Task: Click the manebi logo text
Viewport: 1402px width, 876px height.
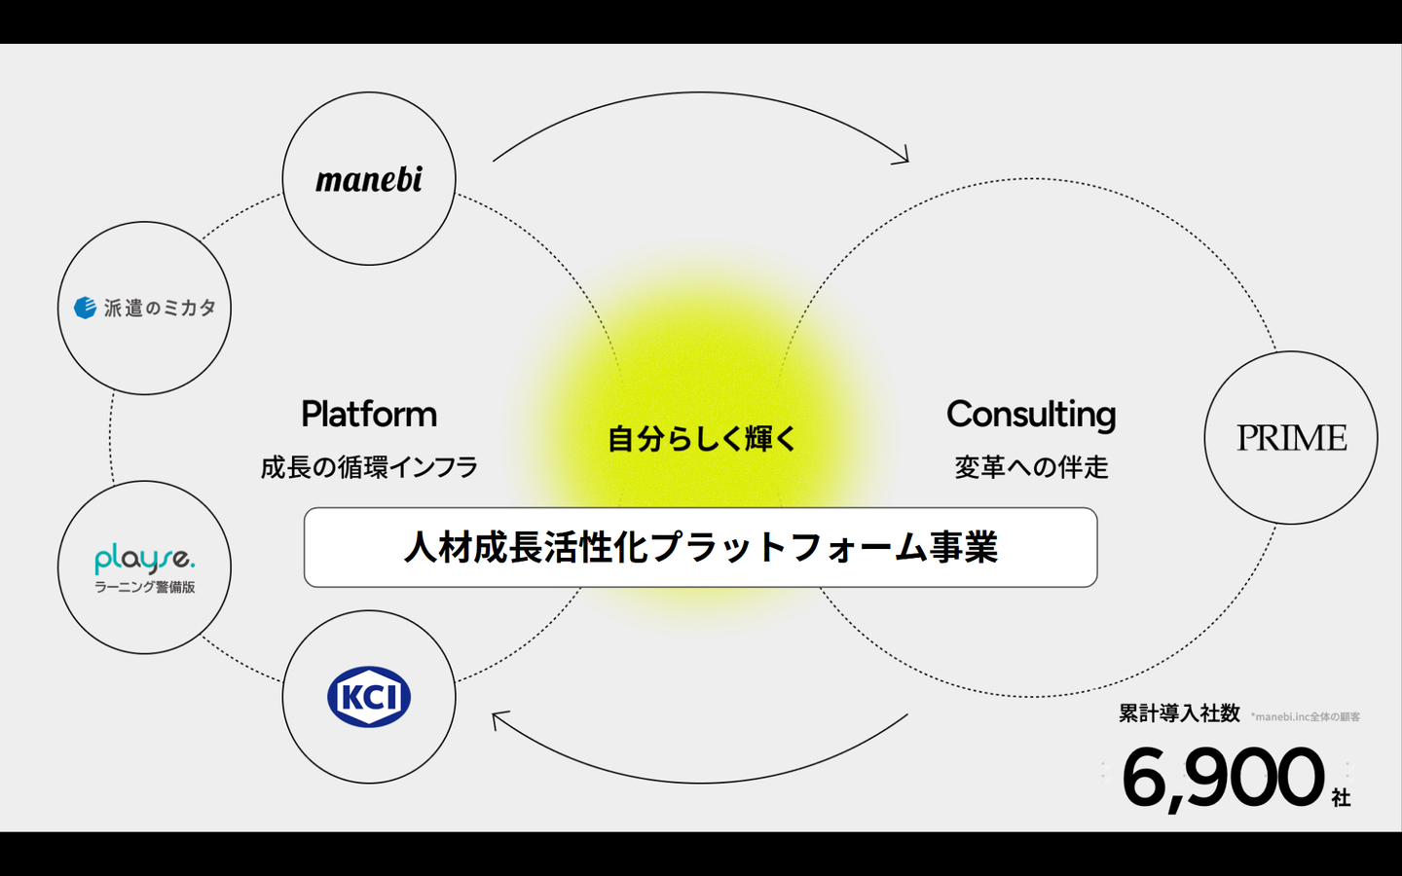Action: (x=369, y=180)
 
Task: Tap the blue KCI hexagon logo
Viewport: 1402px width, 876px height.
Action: (x=369, y=697)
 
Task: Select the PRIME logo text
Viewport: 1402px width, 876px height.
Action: (x=1291, y=438)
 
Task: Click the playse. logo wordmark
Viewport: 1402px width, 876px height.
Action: (x=144, y=559)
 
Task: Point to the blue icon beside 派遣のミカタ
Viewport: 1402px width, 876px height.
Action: (x=86, y=308)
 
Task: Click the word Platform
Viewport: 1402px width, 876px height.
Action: (x=369, y=415)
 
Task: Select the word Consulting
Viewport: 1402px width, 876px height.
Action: (x=1031, y=415)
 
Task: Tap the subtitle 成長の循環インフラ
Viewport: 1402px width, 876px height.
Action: (x=369, y=467)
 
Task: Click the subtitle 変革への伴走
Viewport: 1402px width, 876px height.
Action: (x=1031, y=467)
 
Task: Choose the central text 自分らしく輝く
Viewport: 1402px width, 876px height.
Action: (x=701, y=439)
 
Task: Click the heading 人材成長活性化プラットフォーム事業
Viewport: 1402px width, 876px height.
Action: (x=701, y=547)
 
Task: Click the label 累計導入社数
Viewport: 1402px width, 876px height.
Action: (x=1179, y=713)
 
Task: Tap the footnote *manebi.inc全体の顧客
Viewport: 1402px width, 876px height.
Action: (x=1306, y=717)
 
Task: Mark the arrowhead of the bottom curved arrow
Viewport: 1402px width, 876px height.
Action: (x=498, y=719)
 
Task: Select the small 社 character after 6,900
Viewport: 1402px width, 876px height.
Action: (x=1341, y=798)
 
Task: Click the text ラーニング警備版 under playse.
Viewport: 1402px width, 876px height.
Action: (x=144, y=587)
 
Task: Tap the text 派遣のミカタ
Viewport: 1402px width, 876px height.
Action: (x=160, y=308)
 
